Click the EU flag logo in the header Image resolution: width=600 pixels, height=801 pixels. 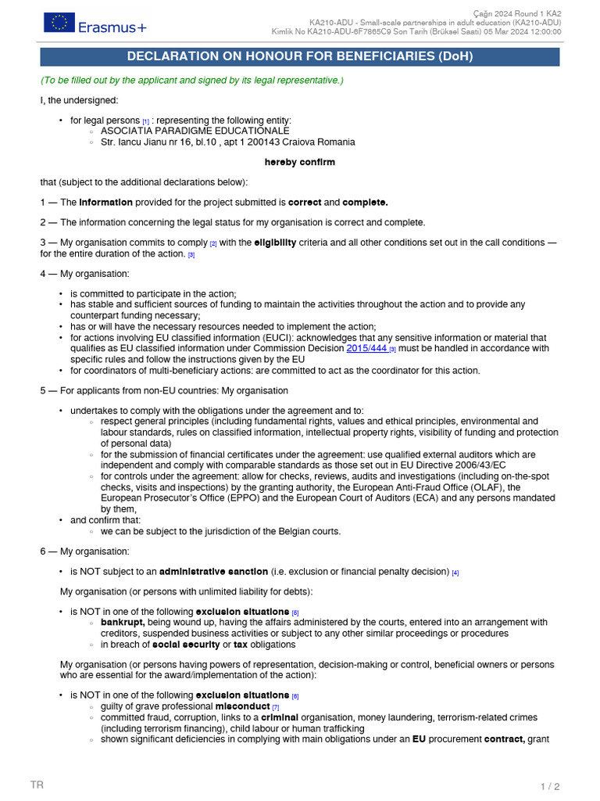tap(59, 23)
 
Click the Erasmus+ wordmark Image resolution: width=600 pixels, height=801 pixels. tap(112, 27)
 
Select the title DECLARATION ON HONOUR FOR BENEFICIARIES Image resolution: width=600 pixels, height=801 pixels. tap(300, 56)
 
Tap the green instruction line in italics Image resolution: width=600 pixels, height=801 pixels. tap(191, 81)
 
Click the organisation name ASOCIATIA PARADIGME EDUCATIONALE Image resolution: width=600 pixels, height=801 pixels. tap(195, 131)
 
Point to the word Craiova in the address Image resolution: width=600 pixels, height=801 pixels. tap(298, 142)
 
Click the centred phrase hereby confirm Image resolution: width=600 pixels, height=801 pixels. tap(300, 162)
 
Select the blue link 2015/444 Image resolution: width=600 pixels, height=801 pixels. tap(367, 348)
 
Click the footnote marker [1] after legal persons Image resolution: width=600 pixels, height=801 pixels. tap(145, 121)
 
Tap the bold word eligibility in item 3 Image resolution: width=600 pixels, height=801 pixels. tap(275, 242)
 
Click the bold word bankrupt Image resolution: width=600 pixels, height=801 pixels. tap(122, 622)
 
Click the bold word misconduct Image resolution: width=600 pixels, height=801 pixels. tap(242, 706)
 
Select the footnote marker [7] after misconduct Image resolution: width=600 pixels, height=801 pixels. tap(275, 707)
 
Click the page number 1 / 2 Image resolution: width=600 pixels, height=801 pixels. tap(550, 786)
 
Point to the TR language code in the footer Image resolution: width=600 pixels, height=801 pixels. tap(37, 785)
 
